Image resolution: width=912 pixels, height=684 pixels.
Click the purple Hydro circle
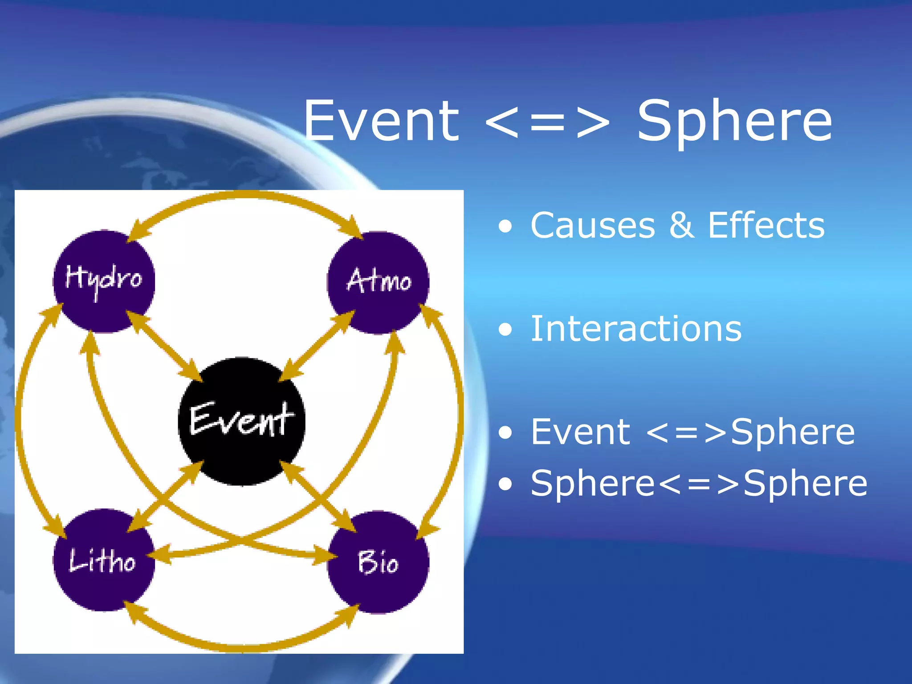(104, 281)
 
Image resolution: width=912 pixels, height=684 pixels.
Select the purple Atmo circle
(378, 282)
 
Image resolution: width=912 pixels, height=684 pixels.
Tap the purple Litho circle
(104, 560)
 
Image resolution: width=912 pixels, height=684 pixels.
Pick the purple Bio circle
(378, 562)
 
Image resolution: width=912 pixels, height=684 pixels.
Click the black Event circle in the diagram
(241, 421)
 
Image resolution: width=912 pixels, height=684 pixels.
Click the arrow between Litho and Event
(166, 495)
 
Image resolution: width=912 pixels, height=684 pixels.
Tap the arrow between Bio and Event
(318, 496)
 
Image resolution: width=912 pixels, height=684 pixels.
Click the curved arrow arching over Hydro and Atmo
(243, 195)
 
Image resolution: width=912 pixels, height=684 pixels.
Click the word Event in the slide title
(381, 121)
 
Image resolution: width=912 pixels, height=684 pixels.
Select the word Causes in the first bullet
(592, 225)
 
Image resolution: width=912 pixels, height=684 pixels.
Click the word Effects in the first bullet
(766, 225)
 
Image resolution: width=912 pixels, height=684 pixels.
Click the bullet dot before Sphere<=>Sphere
(505, 484)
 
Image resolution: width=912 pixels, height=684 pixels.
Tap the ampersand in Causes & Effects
(681, 225)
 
